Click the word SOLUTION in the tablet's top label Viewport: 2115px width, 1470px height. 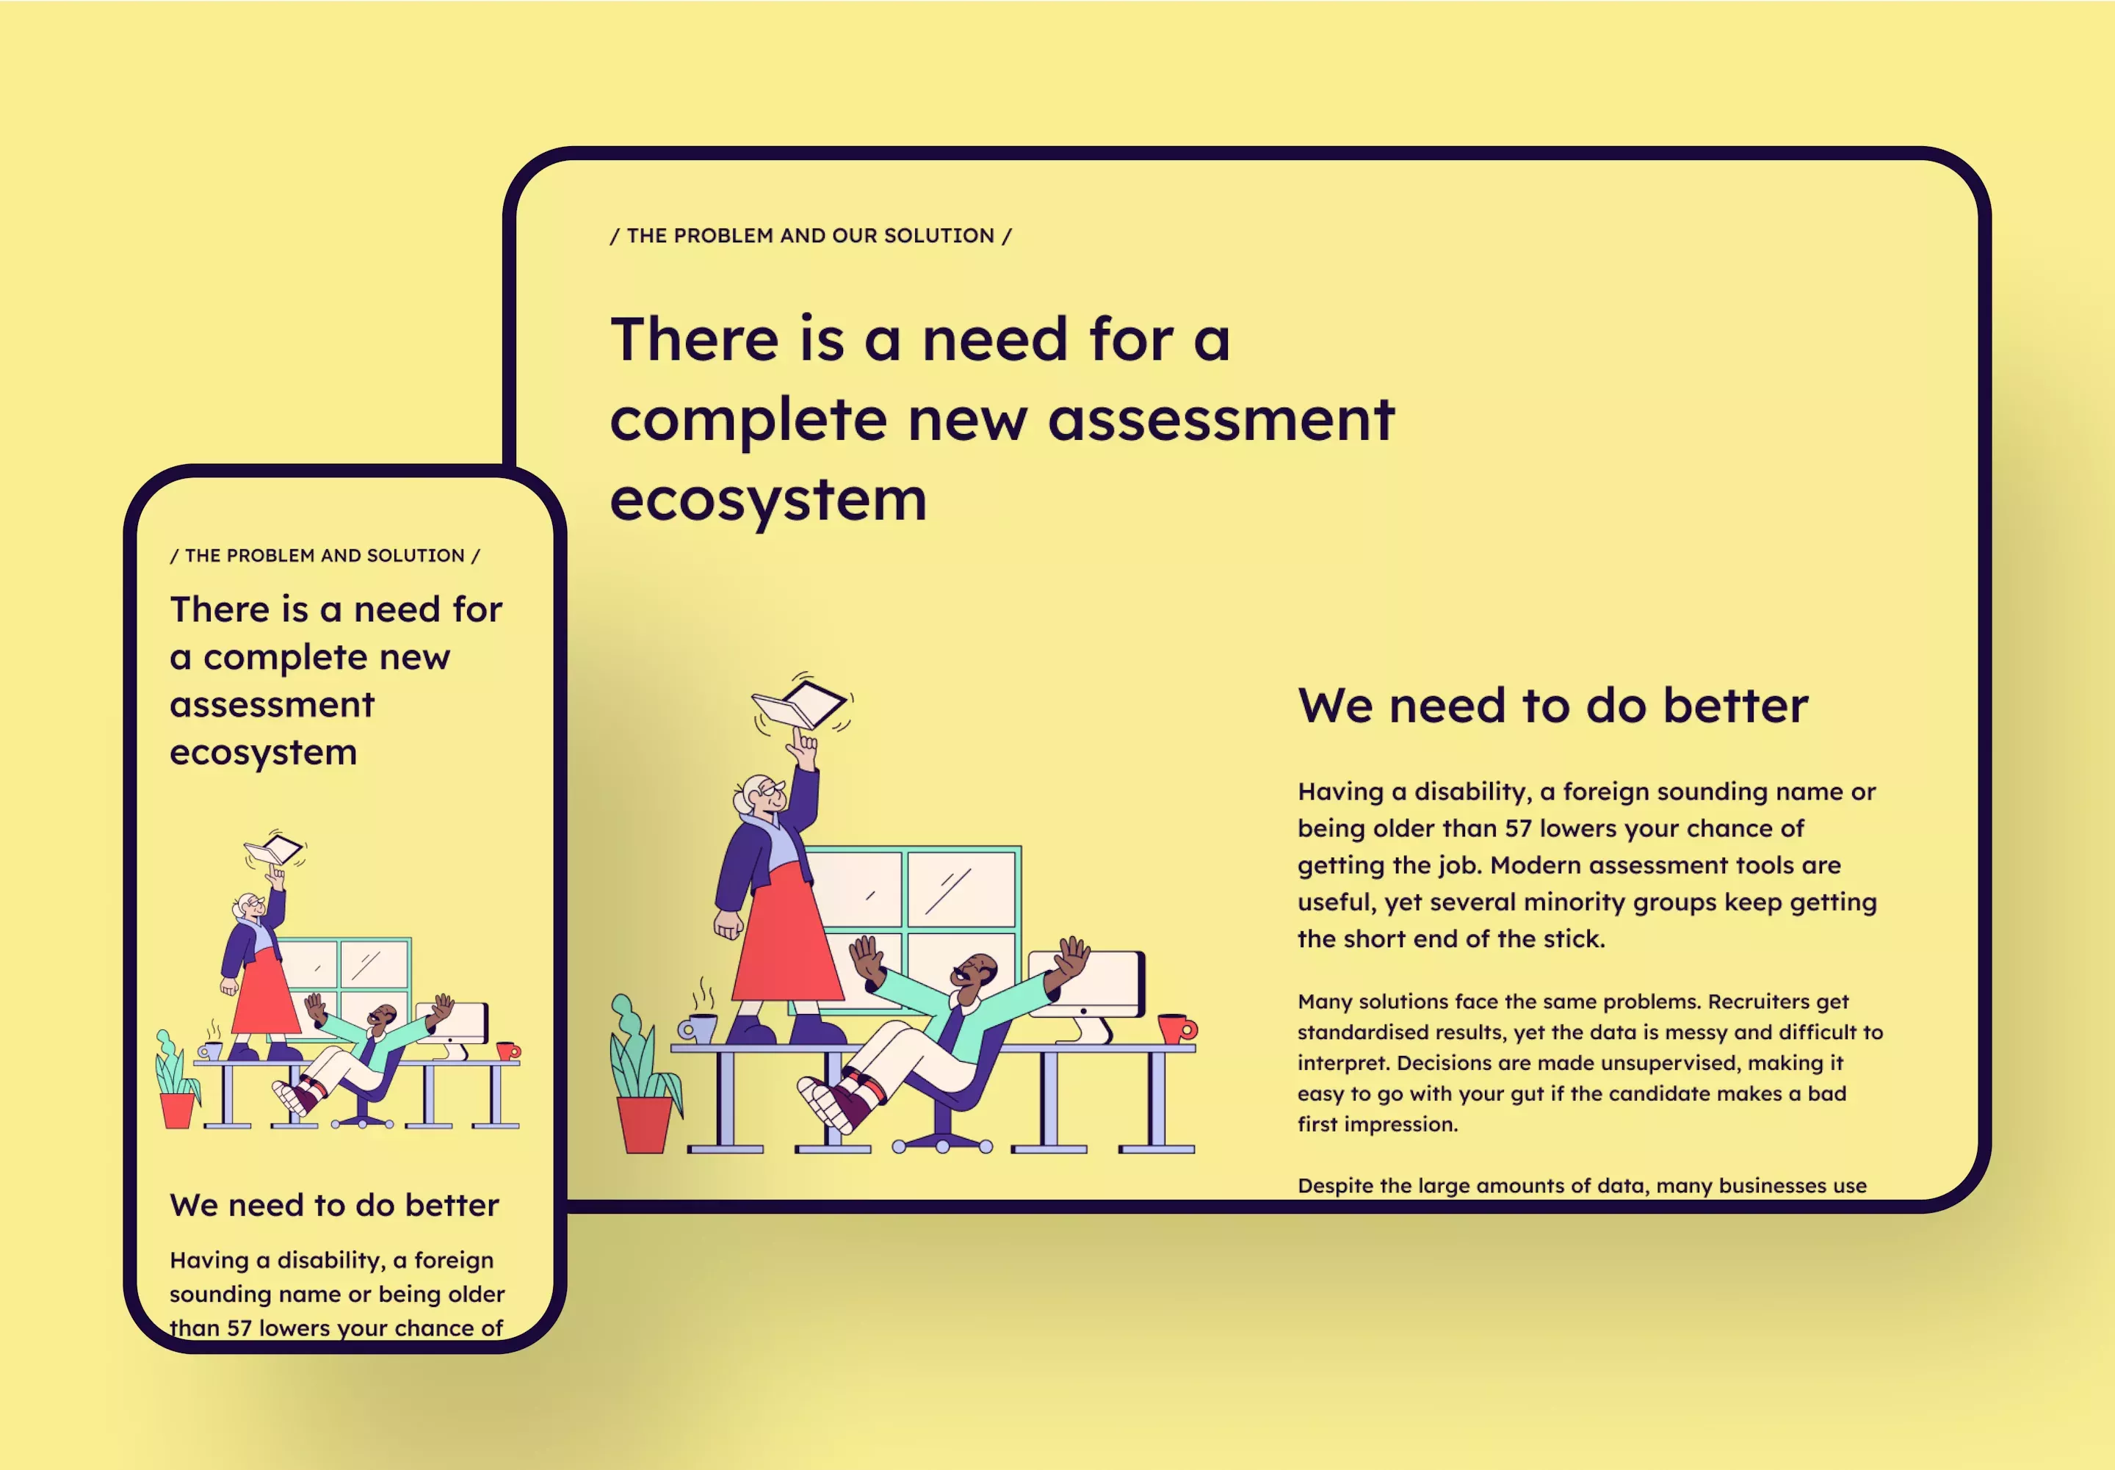point(939,236)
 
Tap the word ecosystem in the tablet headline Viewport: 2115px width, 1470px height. point(768,500)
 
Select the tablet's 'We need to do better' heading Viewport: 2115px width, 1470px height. point(1553,706)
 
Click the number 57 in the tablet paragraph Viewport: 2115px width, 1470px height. point(1518,828)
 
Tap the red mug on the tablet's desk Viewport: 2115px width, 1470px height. point(1177,1028)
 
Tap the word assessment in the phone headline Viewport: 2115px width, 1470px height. point(272,705)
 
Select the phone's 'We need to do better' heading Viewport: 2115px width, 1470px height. point(334,1206)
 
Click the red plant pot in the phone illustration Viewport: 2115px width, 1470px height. point(178,1111)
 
